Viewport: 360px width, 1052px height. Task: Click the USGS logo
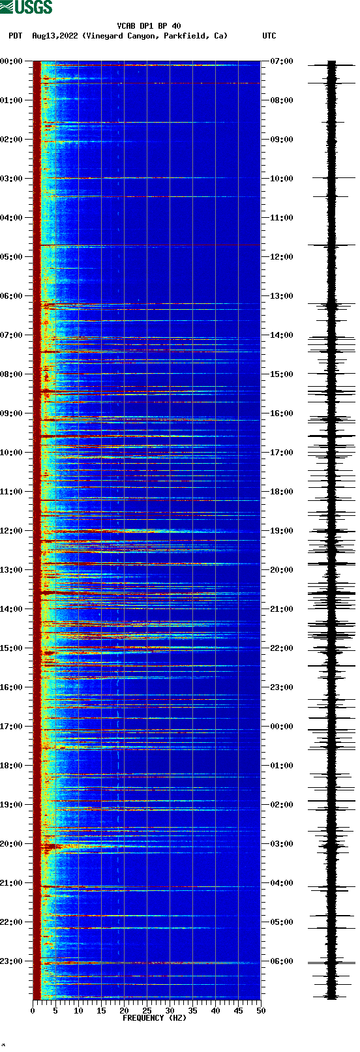point(26,7)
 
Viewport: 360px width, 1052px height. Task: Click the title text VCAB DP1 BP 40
point(149,26)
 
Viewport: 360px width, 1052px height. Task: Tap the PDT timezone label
point(15,36)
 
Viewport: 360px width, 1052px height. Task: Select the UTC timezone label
point(269,36)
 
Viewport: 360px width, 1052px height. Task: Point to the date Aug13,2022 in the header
point(55,36)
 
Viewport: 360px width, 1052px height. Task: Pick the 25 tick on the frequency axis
point(147,1011)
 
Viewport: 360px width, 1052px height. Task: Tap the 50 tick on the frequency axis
point(261,1011)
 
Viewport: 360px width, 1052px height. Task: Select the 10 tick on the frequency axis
point(78,1011)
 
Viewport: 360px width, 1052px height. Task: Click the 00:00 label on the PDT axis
point(12,61)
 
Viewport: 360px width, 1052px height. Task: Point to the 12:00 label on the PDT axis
point(12,531)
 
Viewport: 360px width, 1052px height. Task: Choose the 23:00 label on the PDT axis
point(12,961)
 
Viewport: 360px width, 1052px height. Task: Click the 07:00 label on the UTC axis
point(281,61)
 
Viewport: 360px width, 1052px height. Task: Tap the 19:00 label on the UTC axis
point(281,531)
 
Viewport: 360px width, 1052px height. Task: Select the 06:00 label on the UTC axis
point(281,961)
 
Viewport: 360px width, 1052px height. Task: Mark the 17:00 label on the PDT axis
point(12,727)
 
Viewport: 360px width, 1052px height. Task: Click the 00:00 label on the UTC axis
point(281,727)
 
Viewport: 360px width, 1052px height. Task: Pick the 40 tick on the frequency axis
point(215,1011)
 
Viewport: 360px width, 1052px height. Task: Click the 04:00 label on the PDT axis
point(12,218)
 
